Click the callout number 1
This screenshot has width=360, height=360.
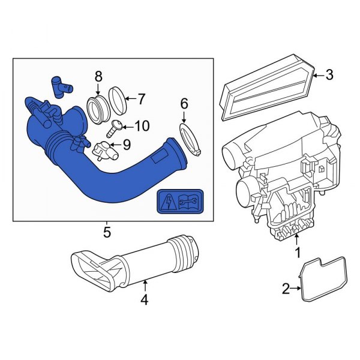[296, 254]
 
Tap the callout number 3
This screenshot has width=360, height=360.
[329, 75]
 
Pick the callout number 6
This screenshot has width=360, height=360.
[184, 103]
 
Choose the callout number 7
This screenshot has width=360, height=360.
[142, 98]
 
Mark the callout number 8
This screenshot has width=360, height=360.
[99, 76]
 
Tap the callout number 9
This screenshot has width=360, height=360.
[126, 144]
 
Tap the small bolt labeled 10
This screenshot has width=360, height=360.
[115, 127]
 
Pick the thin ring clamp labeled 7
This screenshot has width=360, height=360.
[118, 101]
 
